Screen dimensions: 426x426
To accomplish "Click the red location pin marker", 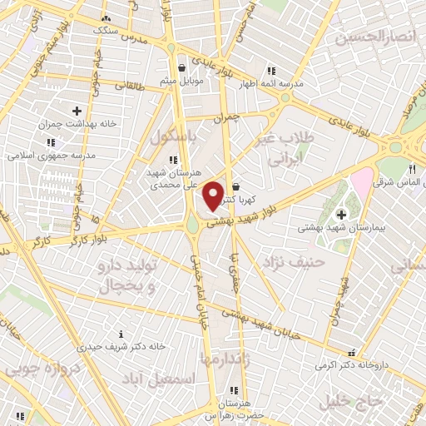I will [213, 196].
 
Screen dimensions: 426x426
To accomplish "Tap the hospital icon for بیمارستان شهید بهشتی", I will [340, 215].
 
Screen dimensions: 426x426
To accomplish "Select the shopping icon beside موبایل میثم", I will [181, 68].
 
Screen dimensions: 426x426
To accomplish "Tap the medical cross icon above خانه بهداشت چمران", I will [77, 110].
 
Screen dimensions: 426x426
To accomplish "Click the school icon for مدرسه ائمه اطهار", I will [271, 72].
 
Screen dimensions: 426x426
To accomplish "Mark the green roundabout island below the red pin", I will [193, 223].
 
